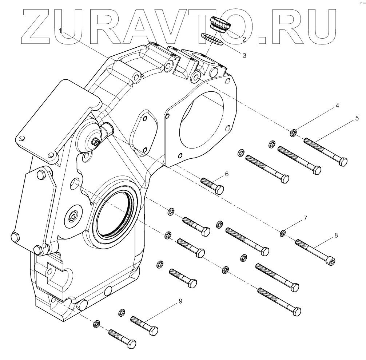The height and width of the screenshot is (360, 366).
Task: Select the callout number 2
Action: click(x=244, y=39)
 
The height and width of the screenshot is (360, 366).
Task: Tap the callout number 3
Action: click(x=244, y=56)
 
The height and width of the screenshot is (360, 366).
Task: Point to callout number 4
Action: click(x=337, y=106)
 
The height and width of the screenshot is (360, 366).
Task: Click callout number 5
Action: click(x=357, y=118)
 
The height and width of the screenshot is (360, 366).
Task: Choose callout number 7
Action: click(x=306, y=218)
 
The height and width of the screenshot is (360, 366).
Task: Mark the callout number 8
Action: click(x=336, y=236)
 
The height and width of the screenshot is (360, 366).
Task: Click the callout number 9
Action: click(x=180, y=301)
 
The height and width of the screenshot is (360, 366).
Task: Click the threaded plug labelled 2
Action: click(x=220, y=24)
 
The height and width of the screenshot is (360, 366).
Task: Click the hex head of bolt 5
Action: click(x=342, y=161)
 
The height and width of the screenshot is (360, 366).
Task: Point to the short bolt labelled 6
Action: click(x=212, y=185)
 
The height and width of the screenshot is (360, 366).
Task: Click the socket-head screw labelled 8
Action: click(x=315, y=251)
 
